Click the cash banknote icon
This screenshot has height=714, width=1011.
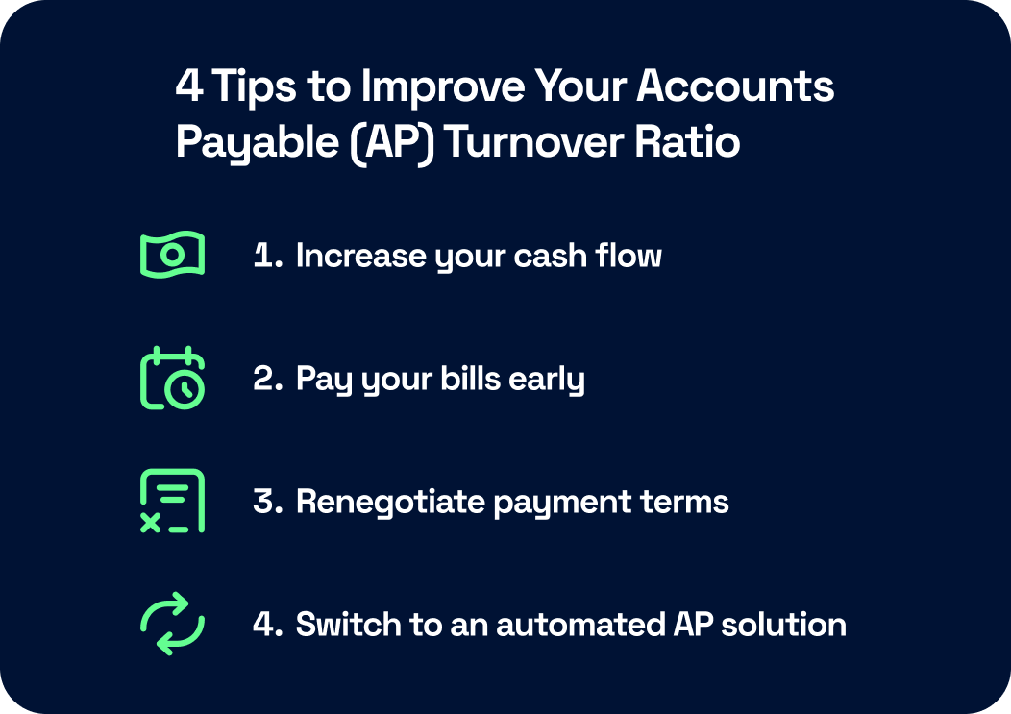pos(172,255)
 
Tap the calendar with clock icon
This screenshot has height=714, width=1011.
pos(172,378)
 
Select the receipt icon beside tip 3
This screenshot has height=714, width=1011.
pos(172,501)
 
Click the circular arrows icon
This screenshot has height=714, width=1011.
pos(172,624)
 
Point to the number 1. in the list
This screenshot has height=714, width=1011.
pos(268,256)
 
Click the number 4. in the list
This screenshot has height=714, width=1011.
pos(268,625)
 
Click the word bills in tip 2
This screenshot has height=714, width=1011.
pos(465,379)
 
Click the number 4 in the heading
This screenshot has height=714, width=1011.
pos(187,87)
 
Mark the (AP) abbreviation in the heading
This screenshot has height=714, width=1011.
pos(393,142)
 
